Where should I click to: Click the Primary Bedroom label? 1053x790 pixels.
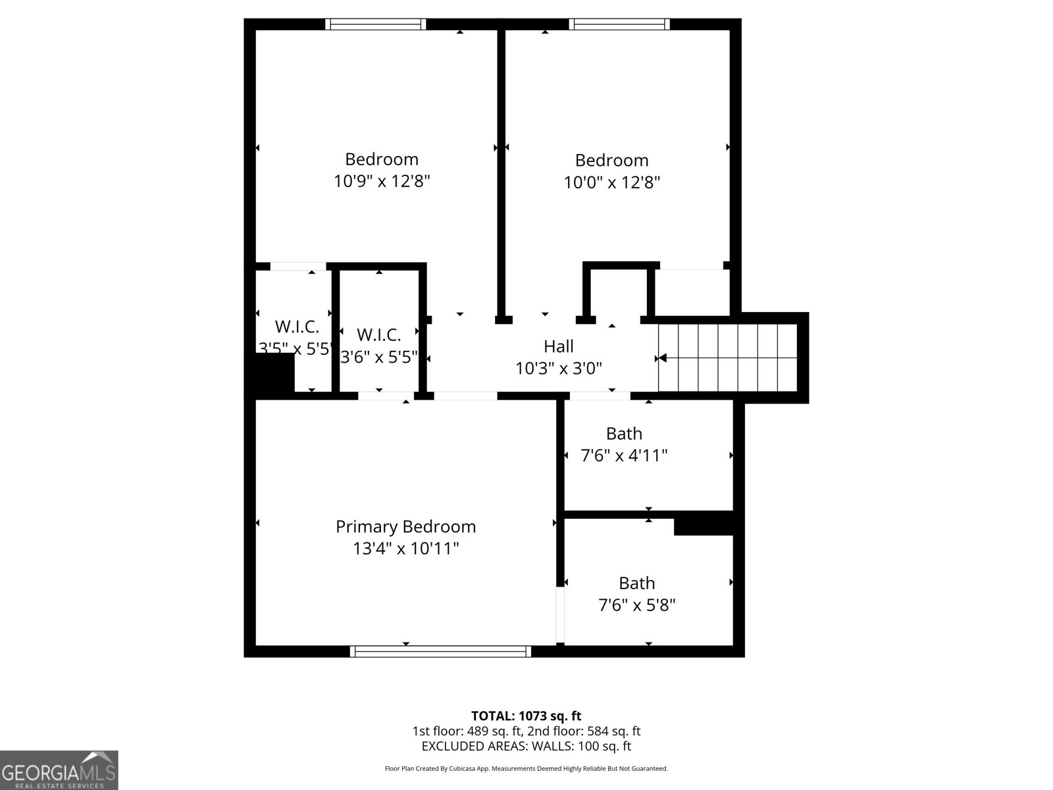click(x=405, y=527)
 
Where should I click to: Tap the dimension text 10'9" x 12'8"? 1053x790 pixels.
click(x=382, y=181)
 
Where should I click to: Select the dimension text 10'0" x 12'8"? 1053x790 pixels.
click(x=611, y=182)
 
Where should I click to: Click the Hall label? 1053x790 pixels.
click(x=558, y=346)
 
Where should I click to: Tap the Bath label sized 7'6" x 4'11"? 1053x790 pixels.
click(x=624, y=434)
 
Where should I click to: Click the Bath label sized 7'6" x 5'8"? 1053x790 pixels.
click(x=636, y=583)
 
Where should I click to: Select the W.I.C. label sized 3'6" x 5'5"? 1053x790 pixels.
click(x=378, y=335)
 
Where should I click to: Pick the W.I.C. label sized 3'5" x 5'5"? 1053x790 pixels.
click(x=297, y=327)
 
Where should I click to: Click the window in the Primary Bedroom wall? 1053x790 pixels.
click(x=440, y=651)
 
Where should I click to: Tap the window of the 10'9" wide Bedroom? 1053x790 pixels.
click(x=376, y=24)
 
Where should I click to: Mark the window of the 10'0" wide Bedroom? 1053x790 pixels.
click(x=619, y=24)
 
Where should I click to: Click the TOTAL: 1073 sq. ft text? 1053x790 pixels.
click(x=526, y=716)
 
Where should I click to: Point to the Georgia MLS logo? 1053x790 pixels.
click(x=59, y=770)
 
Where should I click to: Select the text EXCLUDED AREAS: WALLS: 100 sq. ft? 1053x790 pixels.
click(x=526, y=746)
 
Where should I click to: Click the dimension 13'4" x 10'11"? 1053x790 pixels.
click(x=405, y=548)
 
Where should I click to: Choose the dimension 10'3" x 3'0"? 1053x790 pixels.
click(x=558, y=369)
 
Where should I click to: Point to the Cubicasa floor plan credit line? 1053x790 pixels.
click(x=526, y=768)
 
